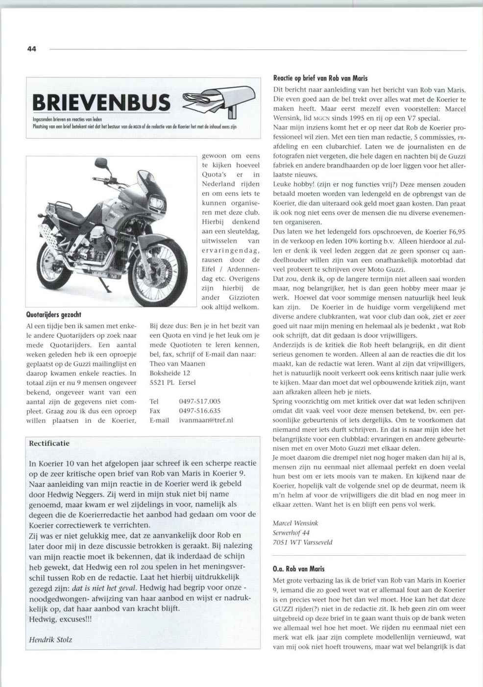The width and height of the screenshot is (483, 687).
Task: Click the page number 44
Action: tap(32, 49)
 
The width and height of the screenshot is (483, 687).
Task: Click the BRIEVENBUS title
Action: tap(101, 103)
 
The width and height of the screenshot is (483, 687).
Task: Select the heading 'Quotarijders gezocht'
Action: tap(53, 315)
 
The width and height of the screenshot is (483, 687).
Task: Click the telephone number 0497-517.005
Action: tap(199, 401)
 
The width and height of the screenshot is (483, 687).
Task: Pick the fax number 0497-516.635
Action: tap(199, 411)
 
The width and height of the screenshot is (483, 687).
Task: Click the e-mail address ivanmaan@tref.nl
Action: tap(206, 420)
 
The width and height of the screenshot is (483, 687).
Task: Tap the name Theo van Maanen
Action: tap(177, 364)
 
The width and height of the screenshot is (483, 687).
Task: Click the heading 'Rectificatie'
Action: tap(49, 443)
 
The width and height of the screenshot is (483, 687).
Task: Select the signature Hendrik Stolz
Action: tap(50, 639)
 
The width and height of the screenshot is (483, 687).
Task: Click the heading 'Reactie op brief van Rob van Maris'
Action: tap(320, 78)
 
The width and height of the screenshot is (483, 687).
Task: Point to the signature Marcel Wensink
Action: tap(295, 523)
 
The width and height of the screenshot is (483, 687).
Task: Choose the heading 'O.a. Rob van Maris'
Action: tap(298, 569)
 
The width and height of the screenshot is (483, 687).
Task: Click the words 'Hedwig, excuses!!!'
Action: tap(60, 619)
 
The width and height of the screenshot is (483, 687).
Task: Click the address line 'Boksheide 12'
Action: tap(170, 373)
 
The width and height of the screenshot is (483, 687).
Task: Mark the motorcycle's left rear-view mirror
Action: tap(101, 163)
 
